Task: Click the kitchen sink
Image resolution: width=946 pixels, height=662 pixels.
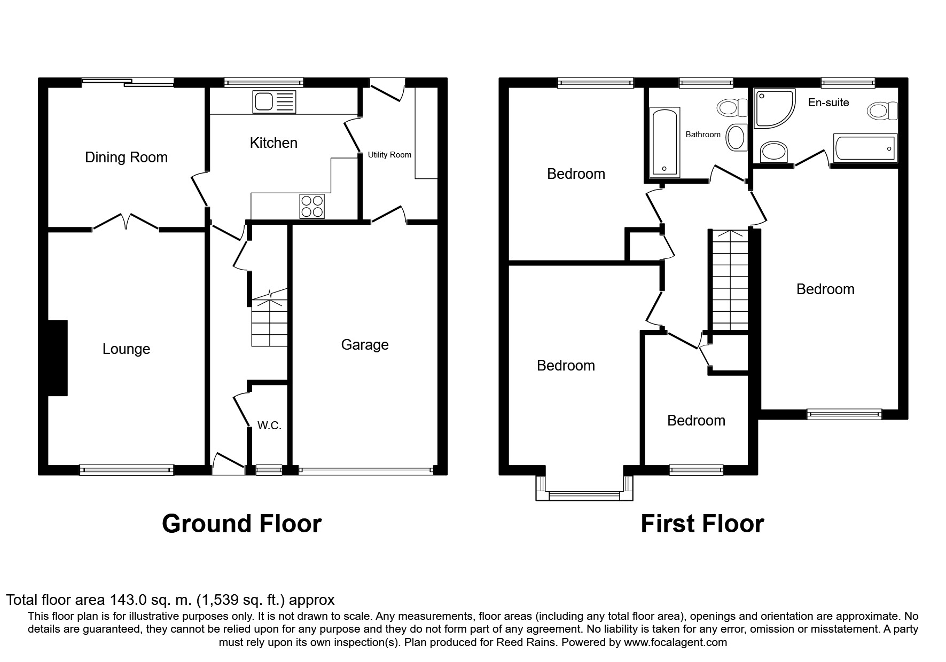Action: pyautogui.click(x=273, y=102)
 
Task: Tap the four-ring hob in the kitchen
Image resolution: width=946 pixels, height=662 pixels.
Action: pyautogui.click(x=312, y=206)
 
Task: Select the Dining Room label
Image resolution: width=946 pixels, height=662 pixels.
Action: pyautogui.click(x=126, y=157)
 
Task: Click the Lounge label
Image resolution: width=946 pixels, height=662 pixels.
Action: pyautogui.click(x=126, y=349)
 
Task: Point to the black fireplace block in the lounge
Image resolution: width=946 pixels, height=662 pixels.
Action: pyautogui.click(x=58, y=358)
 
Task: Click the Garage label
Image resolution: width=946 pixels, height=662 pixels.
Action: pyautogui.click(x=365, y=345)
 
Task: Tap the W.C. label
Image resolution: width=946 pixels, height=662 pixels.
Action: pyautogui.click(x=269, y=425)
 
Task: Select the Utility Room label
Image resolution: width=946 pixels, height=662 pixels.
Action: pyautogui.click(x=389, y=155)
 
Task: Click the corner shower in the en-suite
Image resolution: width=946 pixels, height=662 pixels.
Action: pyautogui.click(x=773, y=108)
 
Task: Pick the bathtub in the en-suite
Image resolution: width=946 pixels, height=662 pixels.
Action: pyautogui.click(x=865, y=148)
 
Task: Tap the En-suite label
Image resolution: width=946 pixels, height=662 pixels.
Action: pyautogui.click(x=828, y=103)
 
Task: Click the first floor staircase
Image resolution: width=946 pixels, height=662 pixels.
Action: pyautogui.click(x=728, y=280)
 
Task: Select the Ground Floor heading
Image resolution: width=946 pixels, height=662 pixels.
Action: pyautogui.click(x=241, y=524)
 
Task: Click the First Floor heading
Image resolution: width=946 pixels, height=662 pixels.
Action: pyautogui.click(x=702, y=524)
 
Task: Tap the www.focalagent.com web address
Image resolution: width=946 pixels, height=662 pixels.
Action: pyautogui.click(x=675, y=642)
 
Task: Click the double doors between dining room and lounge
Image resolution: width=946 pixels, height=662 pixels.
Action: pyautogui.click(x=127, y=222)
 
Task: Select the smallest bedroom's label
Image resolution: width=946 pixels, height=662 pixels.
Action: pyautogui.click(x=696, y=421)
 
